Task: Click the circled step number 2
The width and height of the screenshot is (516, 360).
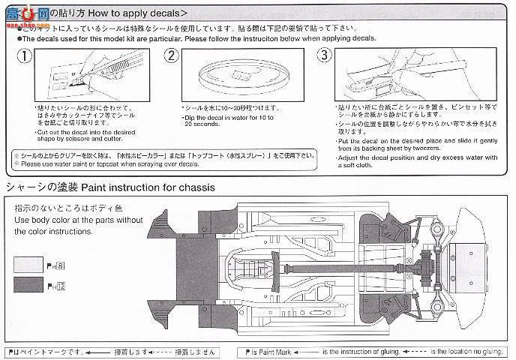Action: point(171,55)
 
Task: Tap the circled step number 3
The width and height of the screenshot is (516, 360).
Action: point(324,55)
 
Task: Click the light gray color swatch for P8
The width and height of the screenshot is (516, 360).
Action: point(28,265)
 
